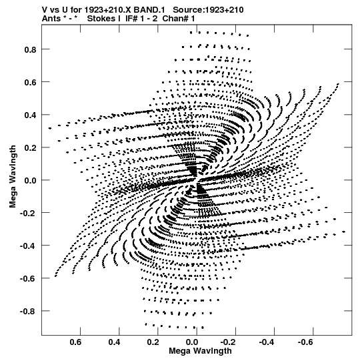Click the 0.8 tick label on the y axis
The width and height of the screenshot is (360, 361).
[x=30, y=49]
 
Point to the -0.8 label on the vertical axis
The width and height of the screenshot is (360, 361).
[x=28, y=312]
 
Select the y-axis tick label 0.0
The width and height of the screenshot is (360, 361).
[x=30, y=180]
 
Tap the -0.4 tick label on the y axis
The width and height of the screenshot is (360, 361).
[x=28, y=246]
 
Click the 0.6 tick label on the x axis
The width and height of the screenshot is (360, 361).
[x=75, y=342]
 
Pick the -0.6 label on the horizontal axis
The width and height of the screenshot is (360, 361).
[x=307, y=342]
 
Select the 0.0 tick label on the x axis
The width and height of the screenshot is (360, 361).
[x=192, y=342]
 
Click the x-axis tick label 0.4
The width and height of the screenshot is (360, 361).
[x=114, y=342]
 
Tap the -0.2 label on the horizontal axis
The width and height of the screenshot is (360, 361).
[x=229, y=342]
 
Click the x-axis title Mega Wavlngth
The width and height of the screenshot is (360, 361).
[x=200, y=352]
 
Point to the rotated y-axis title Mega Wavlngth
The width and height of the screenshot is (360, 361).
[x=13, y=177]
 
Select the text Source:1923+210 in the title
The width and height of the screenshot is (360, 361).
[x=208, y=10]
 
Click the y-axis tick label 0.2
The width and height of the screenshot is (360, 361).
[x=30, y=148]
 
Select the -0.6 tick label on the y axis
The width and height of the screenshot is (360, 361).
[x=28, y=279]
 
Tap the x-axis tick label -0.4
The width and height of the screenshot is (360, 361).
[x=267, y=342]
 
